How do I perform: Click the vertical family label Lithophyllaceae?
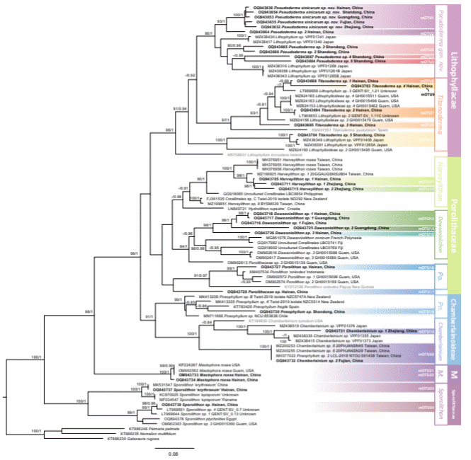coord(454,67)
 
